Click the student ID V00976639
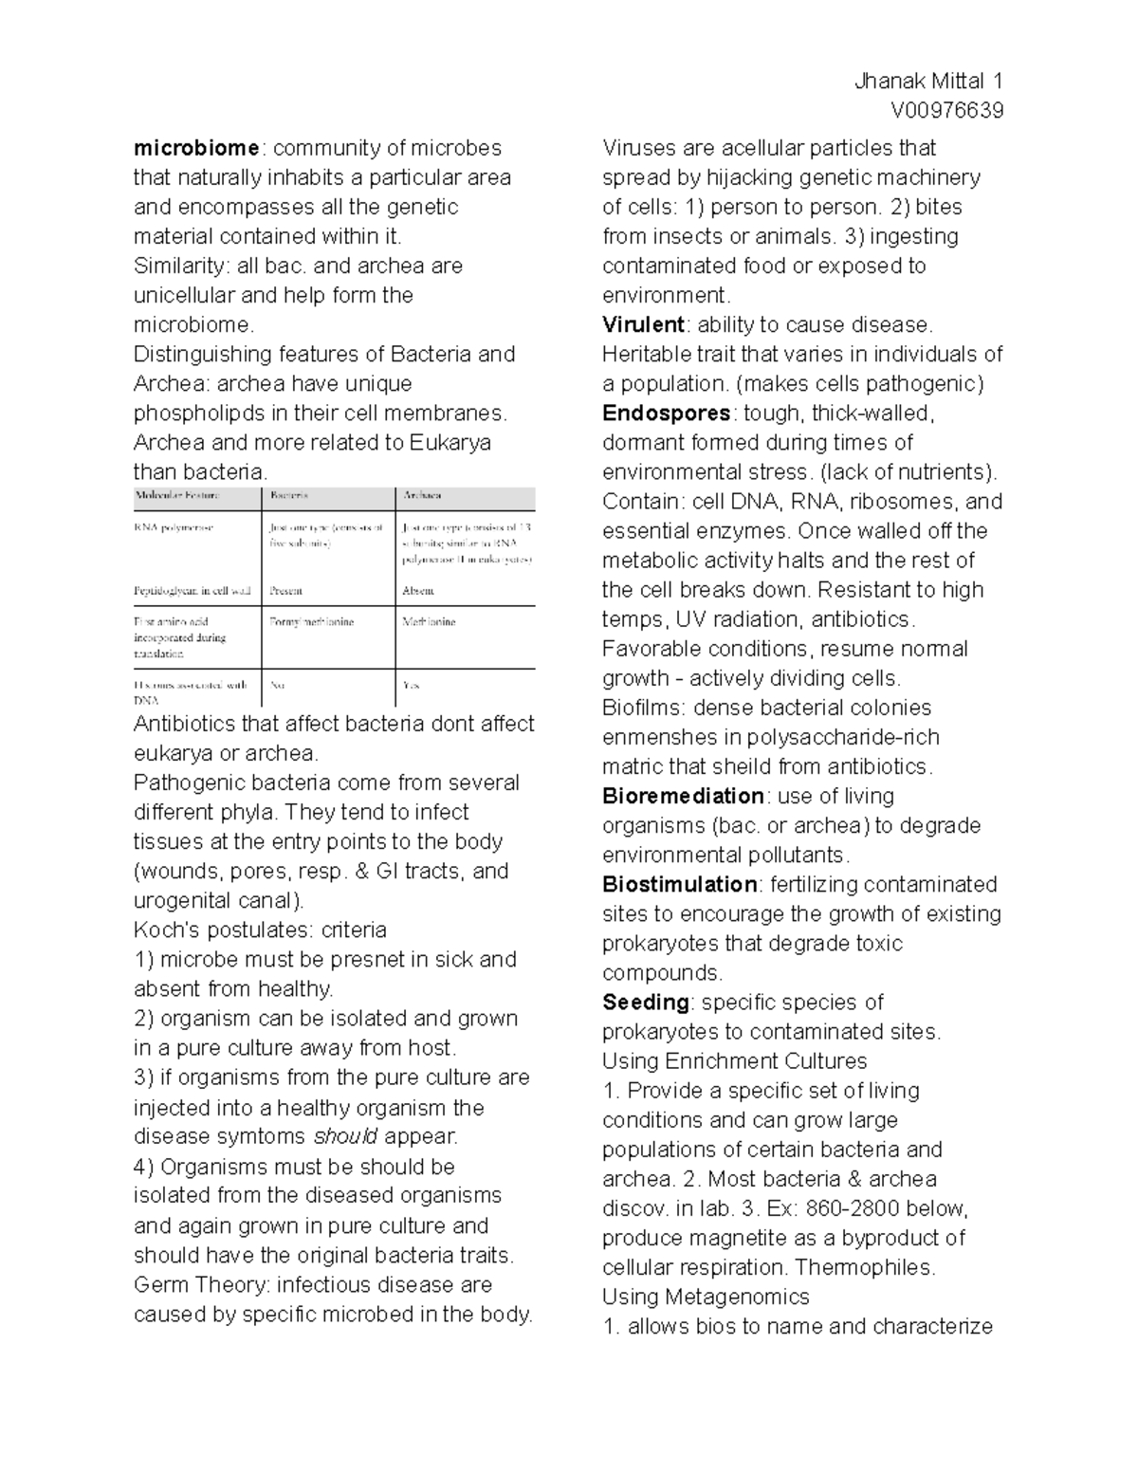tap(946, 111)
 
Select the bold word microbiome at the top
tap(196, 148)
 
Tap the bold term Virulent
tap(643, 324)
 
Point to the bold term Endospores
tap(666, 413)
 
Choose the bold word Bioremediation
tap(683, 796)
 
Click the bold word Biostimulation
tap(679, 884)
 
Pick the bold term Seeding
tap(646, 1002)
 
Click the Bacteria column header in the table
tap(289, 496)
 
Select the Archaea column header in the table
tap(422, 496)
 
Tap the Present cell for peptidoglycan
tap(285, 590)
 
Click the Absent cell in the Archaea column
tap(418, 590)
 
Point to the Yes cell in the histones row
tap(411, 685)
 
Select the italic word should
tap(345, 1136)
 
